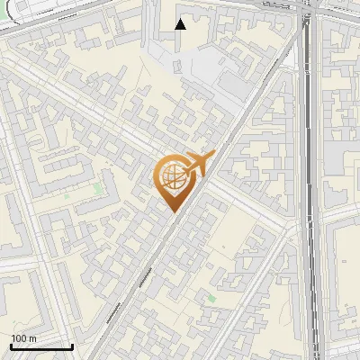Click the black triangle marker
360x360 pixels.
click(181, 24)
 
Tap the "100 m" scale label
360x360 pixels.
click(23, 338)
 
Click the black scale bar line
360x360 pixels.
click(41, 346)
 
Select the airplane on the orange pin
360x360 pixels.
click(197, 164)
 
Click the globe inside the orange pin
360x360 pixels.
click(171, 176)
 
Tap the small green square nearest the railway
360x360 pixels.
click(212, 297)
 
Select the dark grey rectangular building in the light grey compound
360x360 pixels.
click(231, 83)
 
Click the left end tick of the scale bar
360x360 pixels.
click(11, 345)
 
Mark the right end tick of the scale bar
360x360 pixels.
click(72, 345)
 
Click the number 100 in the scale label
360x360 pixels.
click(18, 338)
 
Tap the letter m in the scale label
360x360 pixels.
click(32, 338)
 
